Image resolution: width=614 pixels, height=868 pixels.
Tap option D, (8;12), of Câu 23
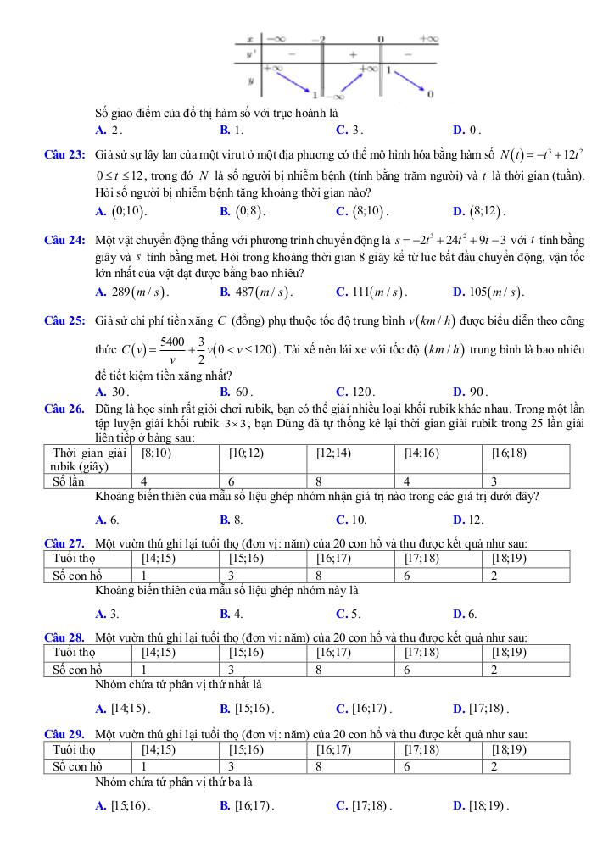480,210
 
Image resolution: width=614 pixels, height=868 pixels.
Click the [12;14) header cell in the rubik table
333,453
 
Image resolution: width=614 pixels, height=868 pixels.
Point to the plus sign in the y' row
350,54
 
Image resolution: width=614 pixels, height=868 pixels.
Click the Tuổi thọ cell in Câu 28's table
74,653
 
